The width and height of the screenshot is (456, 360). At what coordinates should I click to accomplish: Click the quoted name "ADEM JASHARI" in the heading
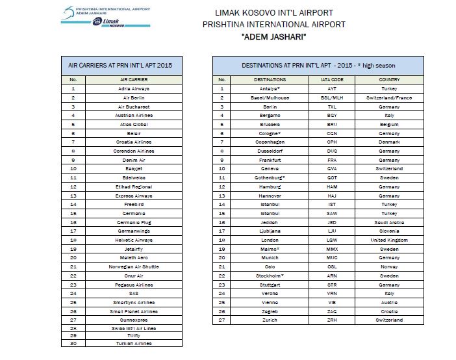tap(274, 36)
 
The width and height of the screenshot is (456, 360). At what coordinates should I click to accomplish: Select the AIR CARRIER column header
tap(134, 79)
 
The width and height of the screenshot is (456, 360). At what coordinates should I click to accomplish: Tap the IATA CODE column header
tap(332, 79)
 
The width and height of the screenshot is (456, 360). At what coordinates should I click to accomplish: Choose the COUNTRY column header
tap(389, 79)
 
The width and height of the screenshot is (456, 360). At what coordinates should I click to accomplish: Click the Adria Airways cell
tap(134, 88)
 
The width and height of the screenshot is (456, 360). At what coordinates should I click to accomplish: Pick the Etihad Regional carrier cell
tap(134, 186)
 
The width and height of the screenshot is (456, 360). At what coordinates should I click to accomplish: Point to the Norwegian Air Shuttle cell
tap(134, 266)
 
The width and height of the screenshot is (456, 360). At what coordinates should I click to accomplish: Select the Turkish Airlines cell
tap(134, 343)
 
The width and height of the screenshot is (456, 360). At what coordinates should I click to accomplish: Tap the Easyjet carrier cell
tap(134, 168)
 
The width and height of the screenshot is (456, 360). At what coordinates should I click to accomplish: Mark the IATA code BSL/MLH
tap(332, 97)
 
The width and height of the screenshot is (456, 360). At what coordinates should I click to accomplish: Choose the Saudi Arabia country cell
tap(389, 222)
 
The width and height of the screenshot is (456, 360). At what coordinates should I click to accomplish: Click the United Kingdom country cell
tap(389, 240)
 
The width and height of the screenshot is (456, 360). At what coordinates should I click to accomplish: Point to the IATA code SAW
tap(332, 213)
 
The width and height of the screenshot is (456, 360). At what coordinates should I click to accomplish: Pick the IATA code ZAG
tap(332, 311)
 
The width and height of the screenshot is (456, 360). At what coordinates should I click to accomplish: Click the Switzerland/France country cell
tap(389, 97)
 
